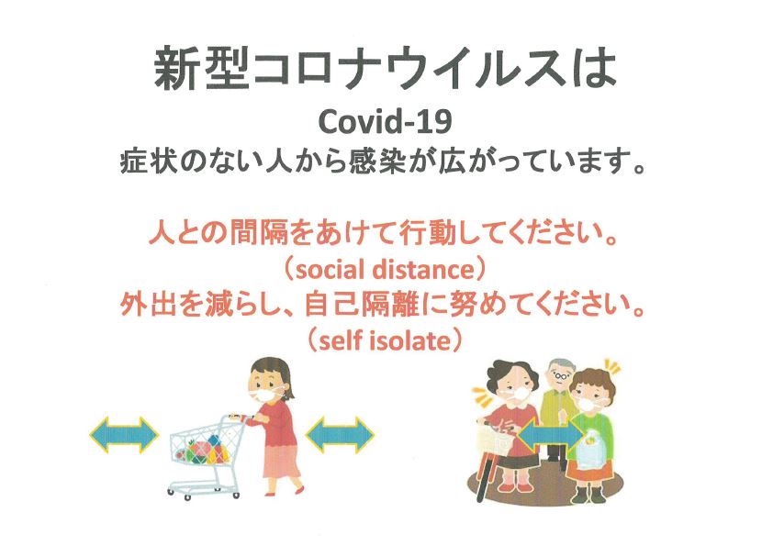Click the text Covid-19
[385, 122]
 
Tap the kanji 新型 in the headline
[201, 69]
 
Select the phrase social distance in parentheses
[385, 270]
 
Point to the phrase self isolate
[385, 340]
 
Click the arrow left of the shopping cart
[124, 435]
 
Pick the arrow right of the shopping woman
[341, 435]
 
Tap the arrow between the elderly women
[551, 434]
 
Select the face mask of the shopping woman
[264, 395]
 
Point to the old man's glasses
[559, 376]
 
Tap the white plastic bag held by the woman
[592, 451]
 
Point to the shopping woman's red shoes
[285, 491]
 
